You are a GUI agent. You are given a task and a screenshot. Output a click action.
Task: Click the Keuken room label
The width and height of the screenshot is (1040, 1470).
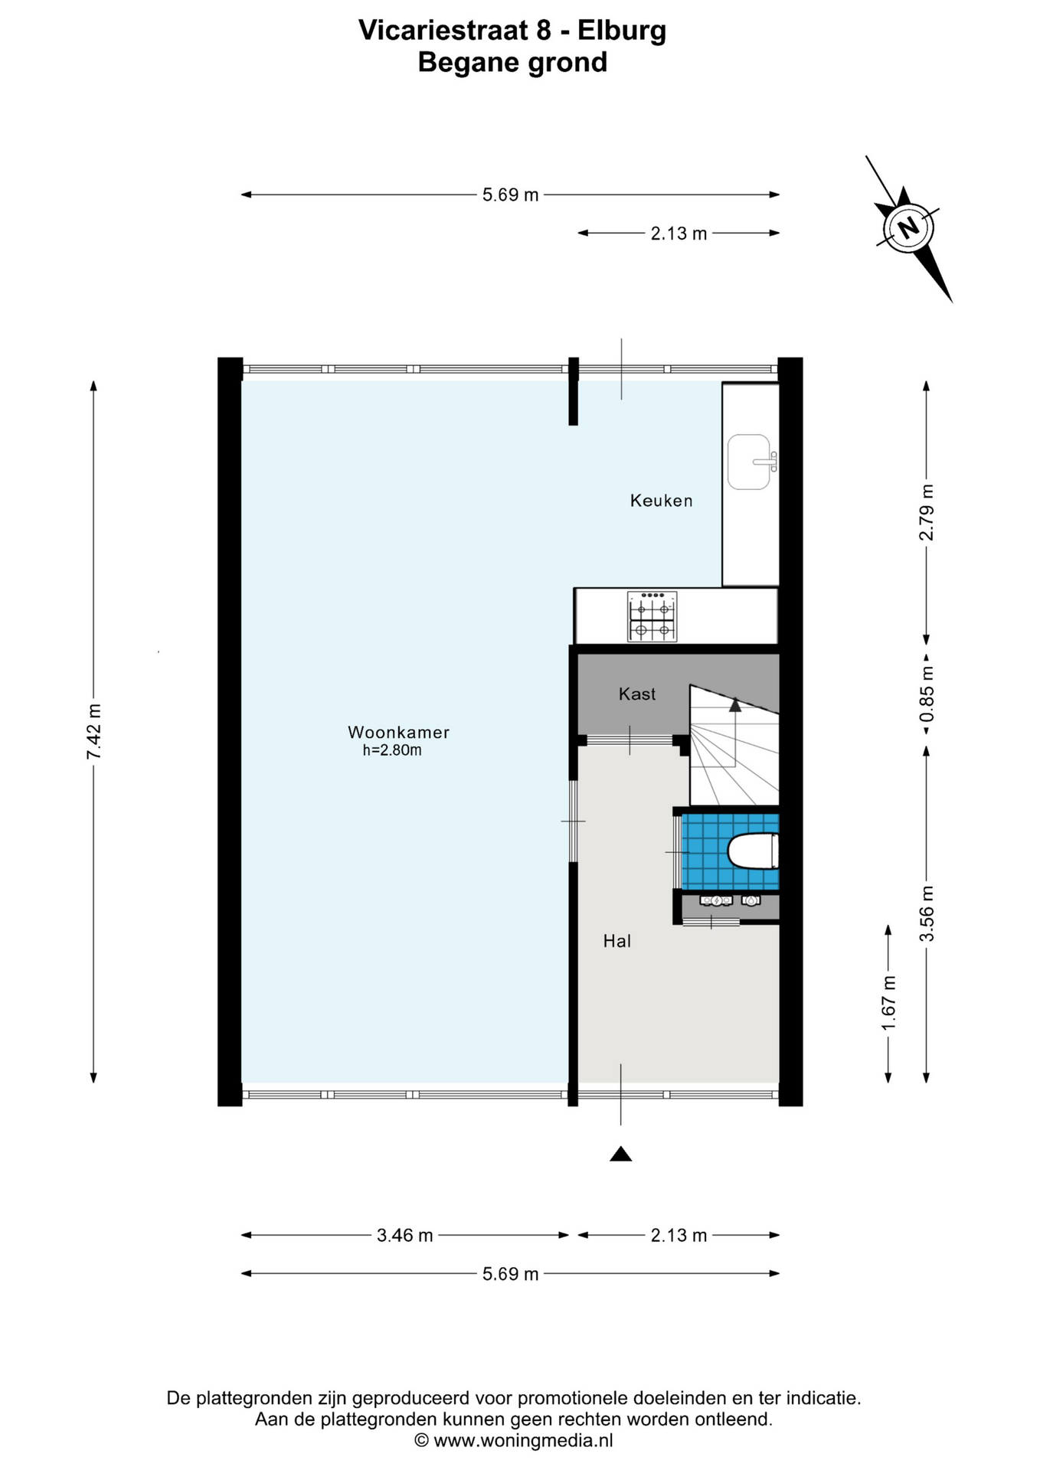(661, 501)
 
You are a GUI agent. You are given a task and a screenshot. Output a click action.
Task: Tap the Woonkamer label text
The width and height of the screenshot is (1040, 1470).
(398, 732)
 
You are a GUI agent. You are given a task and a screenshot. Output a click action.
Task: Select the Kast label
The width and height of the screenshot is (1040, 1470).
(637, 694)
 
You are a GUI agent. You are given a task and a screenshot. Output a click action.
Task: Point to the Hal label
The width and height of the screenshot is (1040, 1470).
(616, 941)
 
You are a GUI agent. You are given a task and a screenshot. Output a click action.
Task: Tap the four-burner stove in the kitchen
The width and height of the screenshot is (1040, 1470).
(652, 616)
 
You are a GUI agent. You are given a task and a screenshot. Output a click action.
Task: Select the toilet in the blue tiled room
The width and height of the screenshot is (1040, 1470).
(753, 851)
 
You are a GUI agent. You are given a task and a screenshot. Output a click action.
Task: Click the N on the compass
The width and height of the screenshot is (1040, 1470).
(908, 227)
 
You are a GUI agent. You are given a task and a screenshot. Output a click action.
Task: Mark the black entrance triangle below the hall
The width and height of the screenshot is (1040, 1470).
(620, 1154)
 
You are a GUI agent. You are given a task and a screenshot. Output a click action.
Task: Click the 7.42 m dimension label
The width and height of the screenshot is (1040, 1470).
(93, 732)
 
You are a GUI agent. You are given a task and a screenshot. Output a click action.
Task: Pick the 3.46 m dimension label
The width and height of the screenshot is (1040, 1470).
(404, 1235)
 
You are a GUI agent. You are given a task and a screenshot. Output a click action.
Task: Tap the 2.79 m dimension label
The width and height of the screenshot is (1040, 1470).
(927, 512)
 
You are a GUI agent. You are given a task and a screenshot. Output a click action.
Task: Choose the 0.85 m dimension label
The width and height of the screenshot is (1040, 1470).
(927, 694)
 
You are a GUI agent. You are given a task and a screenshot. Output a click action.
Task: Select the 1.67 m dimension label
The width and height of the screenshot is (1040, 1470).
(888, 1003)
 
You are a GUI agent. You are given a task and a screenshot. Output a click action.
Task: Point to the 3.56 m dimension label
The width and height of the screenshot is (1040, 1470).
(927, 913)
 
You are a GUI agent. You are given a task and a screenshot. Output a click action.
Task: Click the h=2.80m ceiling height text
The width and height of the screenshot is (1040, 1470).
(392, 750)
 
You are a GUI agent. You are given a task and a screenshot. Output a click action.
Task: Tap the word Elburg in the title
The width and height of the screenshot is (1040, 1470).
(621, 31)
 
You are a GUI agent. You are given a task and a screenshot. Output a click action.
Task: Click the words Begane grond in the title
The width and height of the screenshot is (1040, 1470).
(512, 62)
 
